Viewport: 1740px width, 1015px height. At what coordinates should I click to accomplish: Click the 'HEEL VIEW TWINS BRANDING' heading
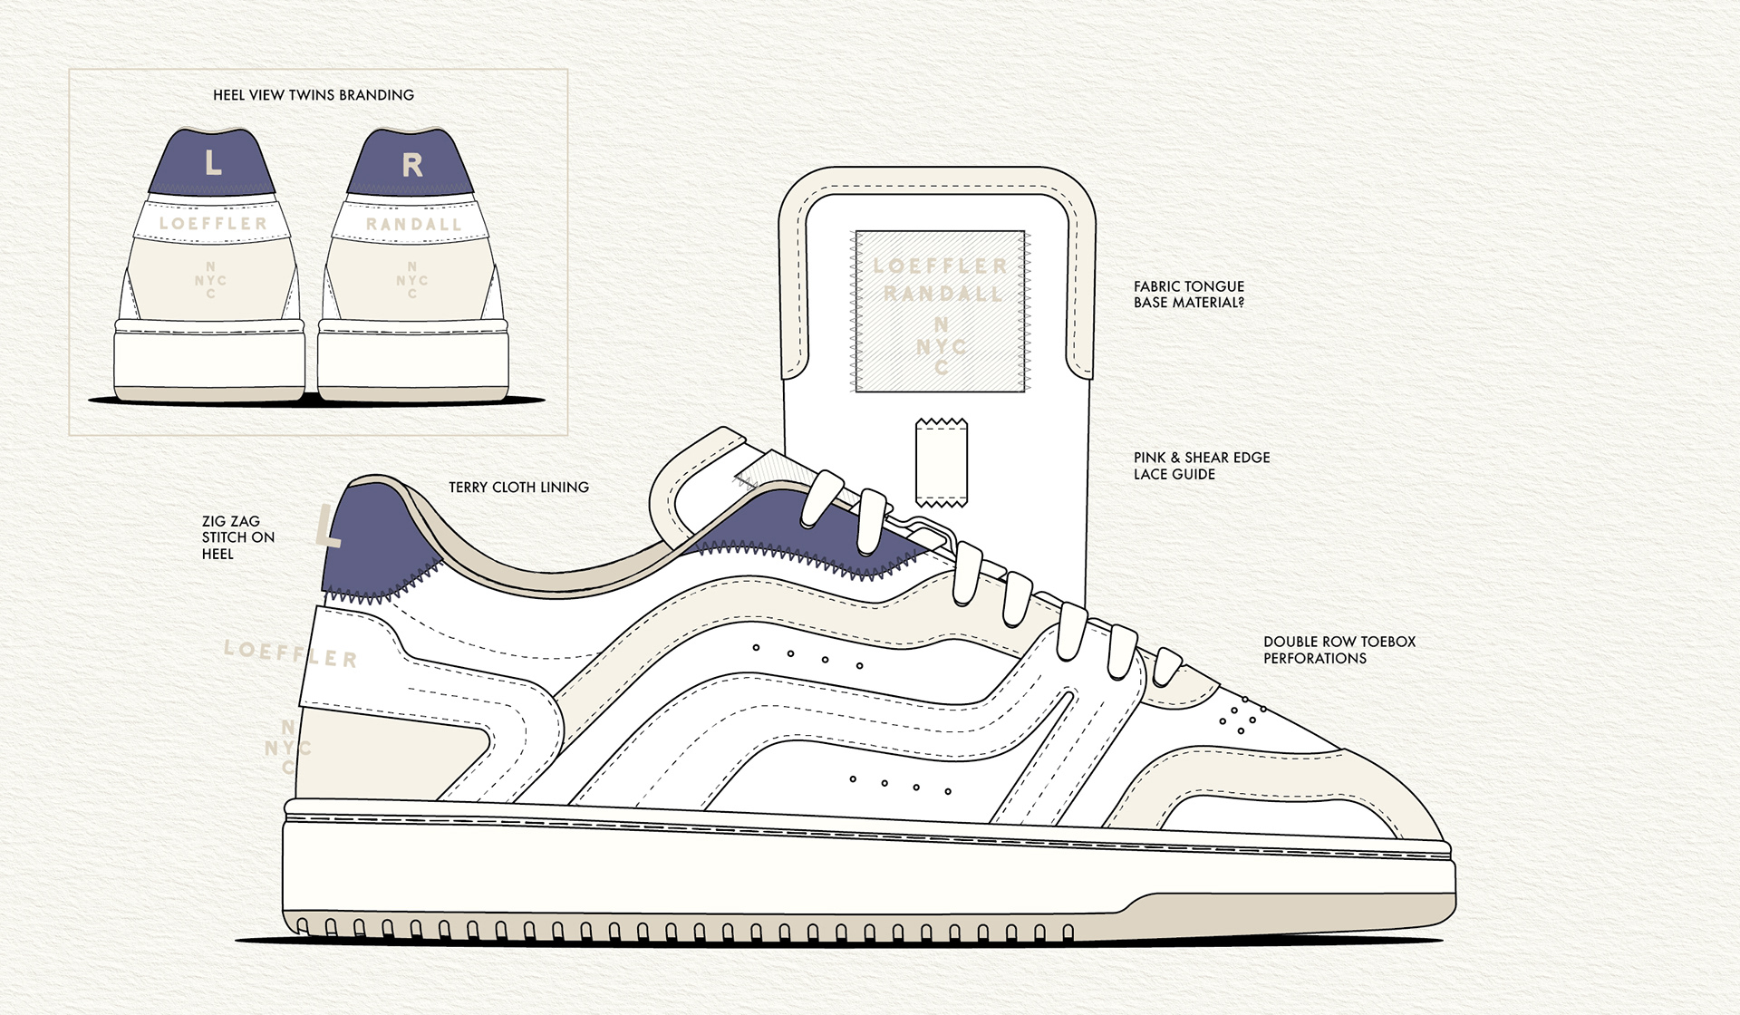pyautogui.click(x=313, y=95)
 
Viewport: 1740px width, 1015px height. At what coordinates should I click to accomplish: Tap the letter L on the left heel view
pyautogui.click(x=213, y=163)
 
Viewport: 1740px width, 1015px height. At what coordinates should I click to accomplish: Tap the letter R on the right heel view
pyautogui.click(x=412, y=165)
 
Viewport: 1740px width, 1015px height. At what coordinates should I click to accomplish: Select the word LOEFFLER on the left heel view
pyautogui.click(x=213, y=223)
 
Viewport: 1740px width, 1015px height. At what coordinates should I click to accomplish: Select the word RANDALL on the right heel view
pyautogui.click(x=413, y=224)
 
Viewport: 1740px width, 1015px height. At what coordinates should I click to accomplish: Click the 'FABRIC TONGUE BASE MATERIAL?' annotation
pyautogui.click(x=1188, y=295)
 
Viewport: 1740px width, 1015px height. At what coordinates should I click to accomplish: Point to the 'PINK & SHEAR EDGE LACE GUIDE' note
pyautogui.click(x=1201, y=466)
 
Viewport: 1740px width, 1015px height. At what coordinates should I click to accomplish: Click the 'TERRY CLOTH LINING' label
pyautogui.click(x=518, y=488)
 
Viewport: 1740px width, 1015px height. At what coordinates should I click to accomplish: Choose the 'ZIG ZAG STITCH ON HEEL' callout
pyautogui.click(x=237, y=537)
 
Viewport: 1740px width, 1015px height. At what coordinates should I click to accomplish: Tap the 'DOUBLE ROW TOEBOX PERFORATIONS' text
pyautogui.click(x=1339, y=650)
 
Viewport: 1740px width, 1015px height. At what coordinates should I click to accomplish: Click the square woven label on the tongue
pyautogui.click(x=940, y=311)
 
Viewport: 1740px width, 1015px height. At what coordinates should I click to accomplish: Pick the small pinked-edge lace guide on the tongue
pyautogui.click(x=942, y=462)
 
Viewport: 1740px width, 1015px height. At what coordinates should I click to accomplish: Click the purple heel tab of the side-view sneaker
pyautogui.click(x=372, y=544)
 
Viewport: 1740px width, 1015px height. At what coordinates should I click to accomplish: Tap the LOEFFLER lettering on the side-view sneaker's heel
pyautogui.click(x=290, y=652)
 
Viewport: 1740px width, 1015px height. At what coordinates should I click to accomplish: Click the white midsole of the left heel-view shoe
pyautogui.click(x=208, y=362)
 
